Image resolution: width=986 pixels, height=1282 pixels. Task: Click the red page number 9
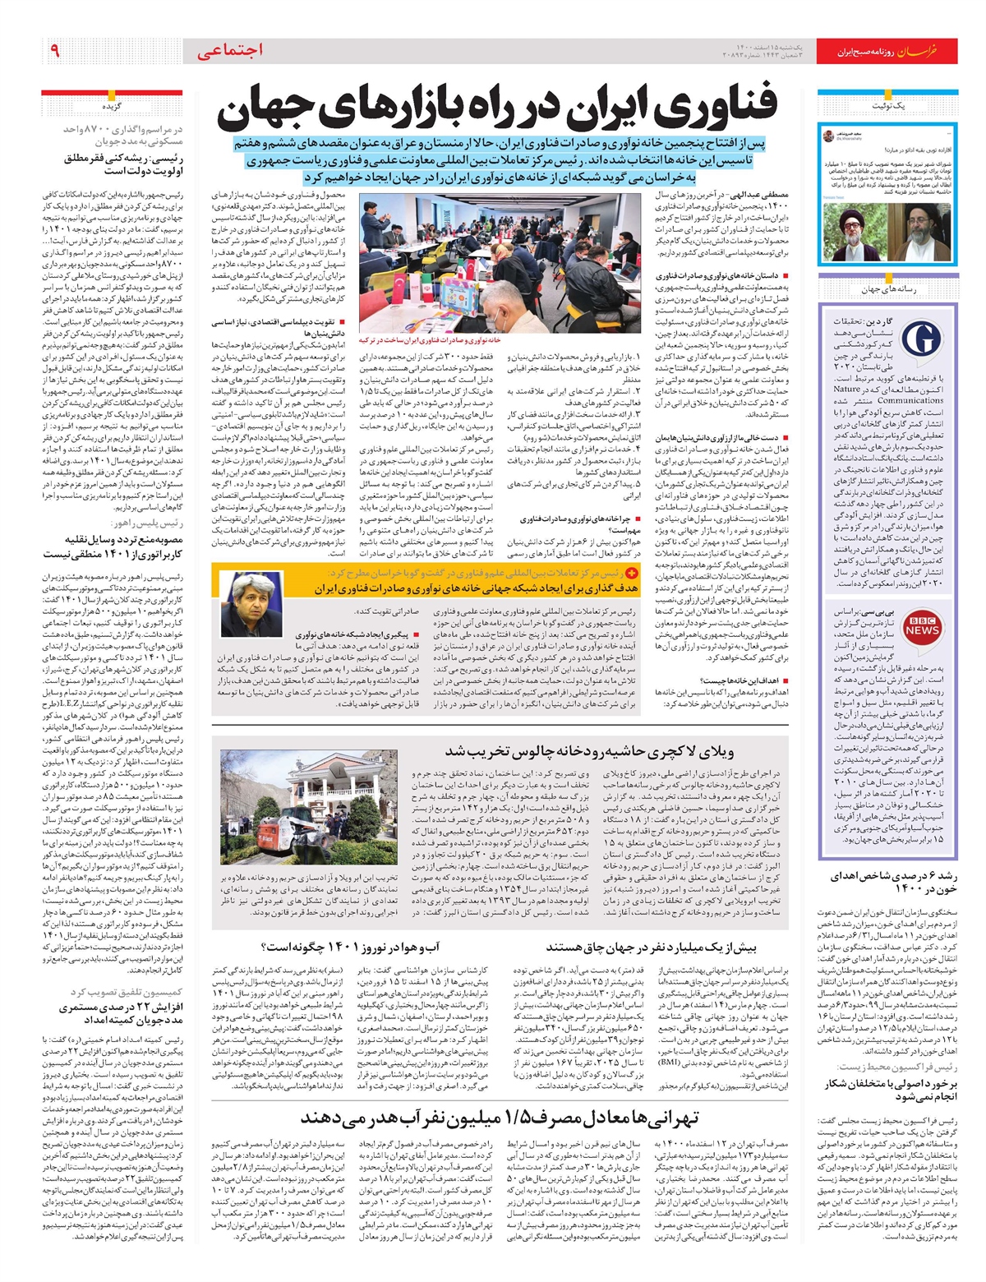54,50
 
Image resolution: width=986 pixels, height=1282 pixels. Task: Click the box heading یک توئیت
889,108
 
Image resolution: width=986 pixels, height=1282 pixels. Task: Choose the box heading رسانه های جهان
888,289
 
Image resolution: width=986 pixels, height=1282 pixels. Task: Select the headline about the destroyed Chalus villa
589,751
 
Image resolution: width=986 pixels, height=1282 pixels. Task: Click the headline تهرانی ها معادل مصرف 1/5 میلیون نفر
499,1117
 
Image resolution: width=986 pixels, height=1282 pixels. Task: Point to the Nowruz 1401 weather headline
363,947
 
